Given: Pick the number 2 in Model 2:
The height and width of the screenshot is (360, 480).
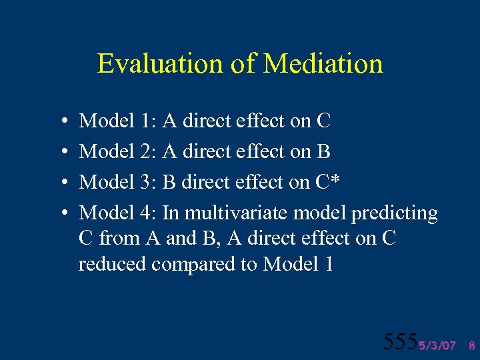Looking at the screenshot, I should pyautogui.click(x=147, y=152).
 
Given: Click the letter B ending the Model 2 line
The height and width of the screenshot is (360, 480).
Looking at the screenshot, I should pyautogui.click(x=323, y=152).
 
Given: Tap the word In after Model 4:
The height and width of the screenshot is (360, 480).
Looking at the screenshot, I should pyautogui.click(x=171, y=213).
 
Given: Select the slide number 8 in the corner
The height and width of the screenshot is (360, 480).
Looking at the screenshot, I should pyautogui.click(x=471, y=345).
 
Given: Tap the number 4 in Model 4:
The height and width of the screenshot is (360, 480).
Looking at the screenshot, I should pyautogui.click(x=147, y=213).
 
